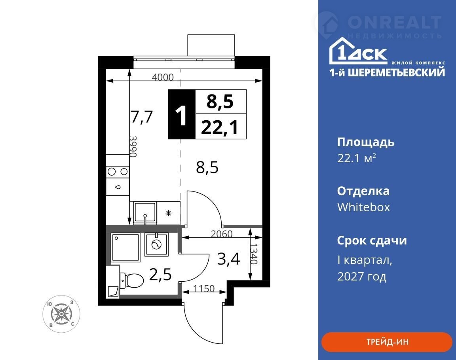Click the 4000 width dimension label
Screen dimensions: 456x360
[163, 77]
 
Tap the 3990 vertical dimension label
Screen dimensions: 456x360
[133, 147]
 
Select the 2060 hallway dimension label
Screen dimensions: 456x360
[222, 234]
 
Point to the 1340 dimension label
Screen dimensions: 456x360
[254, 254]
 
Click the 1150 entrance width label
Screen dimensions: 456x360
[204, 288]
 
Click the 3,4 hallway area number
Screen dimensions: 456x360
[229, 259]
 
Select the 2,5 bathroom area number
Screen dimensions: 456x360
[160, 275]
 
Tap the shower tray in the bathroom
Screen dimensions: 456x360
[125, 247]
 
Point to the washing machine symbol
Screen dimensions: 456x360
[156, 244]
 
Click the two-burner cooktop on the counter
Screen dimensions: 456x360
[118, 172]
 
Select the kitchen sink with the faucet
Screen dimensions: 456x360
[145, 213]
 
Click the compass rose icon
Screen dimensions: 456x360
[61, 314]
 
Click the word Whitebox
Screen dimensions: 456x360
[363, 207]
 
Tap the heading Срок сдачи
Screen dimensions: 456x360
[372, 241]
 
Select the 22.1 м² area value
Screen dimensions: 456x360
[357, 158]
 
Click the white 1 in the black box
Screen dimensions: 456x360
[181, 116]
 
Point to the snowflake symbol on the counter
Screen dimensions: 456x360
[168, 213]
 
